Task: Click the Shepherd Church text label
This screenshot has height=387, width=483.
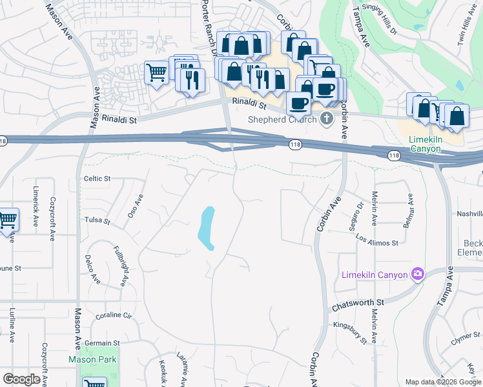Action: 283,119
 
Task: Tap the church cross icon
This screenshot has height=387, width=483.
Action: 327,118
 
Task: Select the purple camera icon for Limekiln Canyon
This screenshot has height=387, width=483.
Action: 418,275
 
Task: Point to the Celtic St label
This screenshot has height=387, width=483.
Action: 98,179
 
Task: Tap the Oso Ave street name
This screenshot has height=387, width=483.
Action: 135,206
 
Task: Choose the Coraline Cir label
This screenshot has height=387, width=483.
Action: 114,316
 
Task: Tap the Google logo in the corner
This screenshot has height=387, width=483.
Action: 21,379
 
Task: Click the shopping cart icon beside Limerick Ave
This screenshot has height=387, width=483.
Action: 7,221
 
